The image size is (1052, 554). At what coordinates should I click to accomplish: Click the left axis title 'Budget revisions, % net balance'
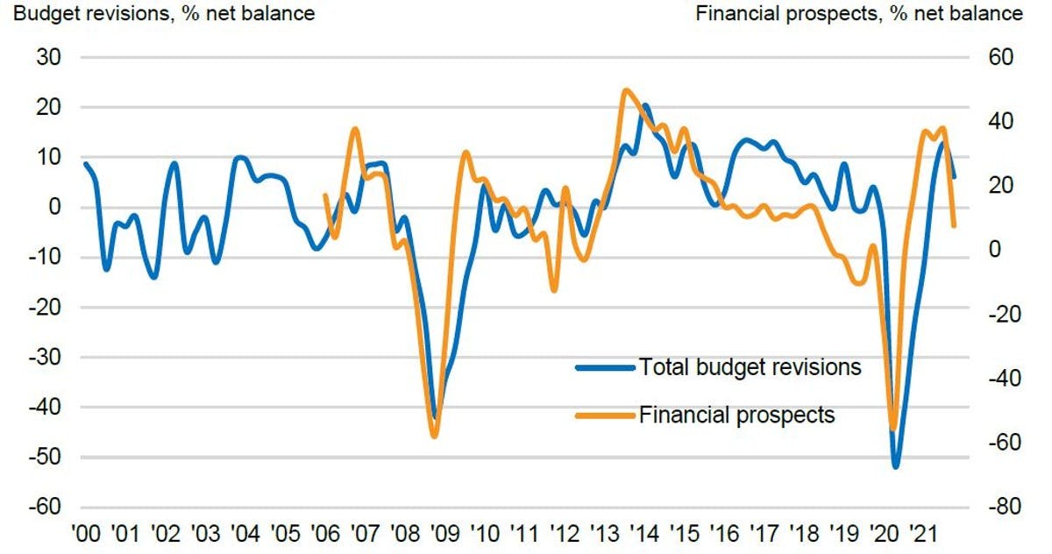pyautogui.click(x=159, y=13)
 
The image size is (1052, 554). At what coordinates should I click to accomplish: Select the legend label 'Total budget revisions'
pyautogui.click(x=750, y=367)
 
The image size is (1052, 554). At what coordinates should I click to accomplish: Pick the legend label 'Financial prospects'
pyautogui.click(x=736, y=414)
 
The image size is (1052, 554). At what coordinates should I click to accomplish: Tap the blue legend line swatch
pyautogui.click(x=604, y=368)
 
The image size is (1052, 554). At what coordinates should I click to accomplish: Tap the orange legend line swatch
pyautogui.click(x=604, y=415)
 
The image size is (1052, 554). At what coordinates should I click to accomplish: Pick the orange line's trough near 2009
pyautogui.click(x=434, y=436)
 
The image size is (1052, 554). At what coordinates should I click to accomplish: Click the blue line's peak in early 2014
pyautogui.click(x=646, y=106)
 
